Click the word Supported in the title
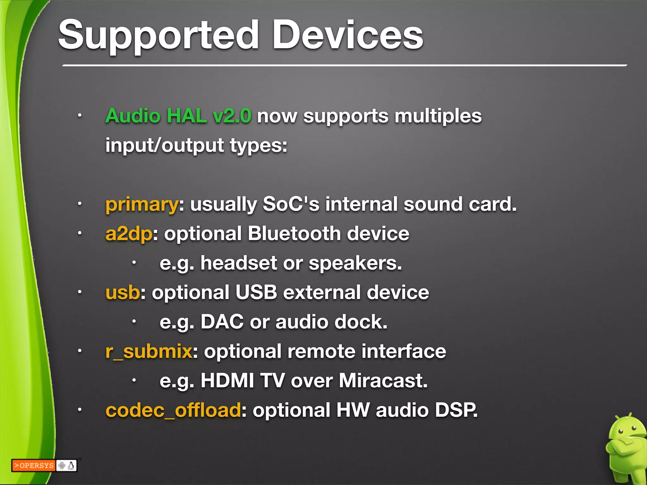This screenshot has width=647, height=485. pyautogui.click(x=158, y=35)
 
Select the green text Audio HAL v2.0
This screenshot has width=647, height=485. pyautogui.click(x=178, y=116)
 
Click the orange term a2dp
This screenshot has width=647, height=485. pyautogui.click(x=129, y=234)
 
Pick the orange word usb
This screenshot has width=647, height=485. pyautogui.click(x=123, y=292)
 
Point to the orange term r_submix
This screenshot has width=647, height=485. pyautogui.click(x=149, y=351)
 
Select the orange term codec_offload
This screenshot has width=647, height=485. pyautogui.click(x=173, y=410)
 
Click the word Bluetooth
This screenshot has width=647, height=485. pyautogui.click(x=294, y=234)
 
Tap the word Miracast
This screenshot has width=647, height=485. pyautogui.click(x=383, y=381)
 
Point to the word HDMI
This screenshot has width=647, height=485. pyautogui.click(x=227, y=381)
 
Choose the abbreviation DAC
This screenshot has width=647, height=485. pyautogui.click(x=222, y=322)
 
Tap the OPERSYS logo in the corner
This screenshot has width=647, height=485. pyautogui.click(x=33, y=465)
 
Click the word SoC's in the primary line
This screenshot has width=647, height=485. pyautogui.click(x=291, y=204)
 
